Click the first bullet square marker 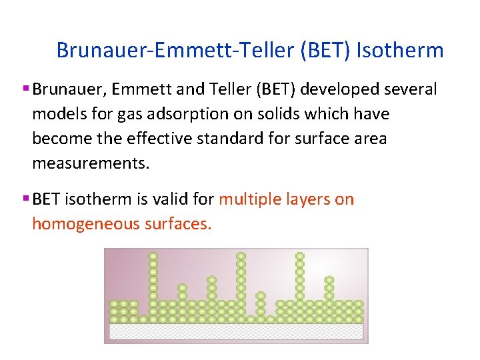point(25,89)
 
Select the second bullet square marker point(25,199)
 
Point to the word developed point(329,89)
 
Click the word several point(408,89)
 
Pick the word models point(55,114)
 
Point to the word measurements point(91,163)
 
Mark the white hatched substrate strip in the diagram point(236,331)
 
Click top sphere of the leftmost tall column point(153,256)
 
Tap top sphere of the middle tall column point(241,256)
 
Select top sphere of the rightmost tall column point(300,256)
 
